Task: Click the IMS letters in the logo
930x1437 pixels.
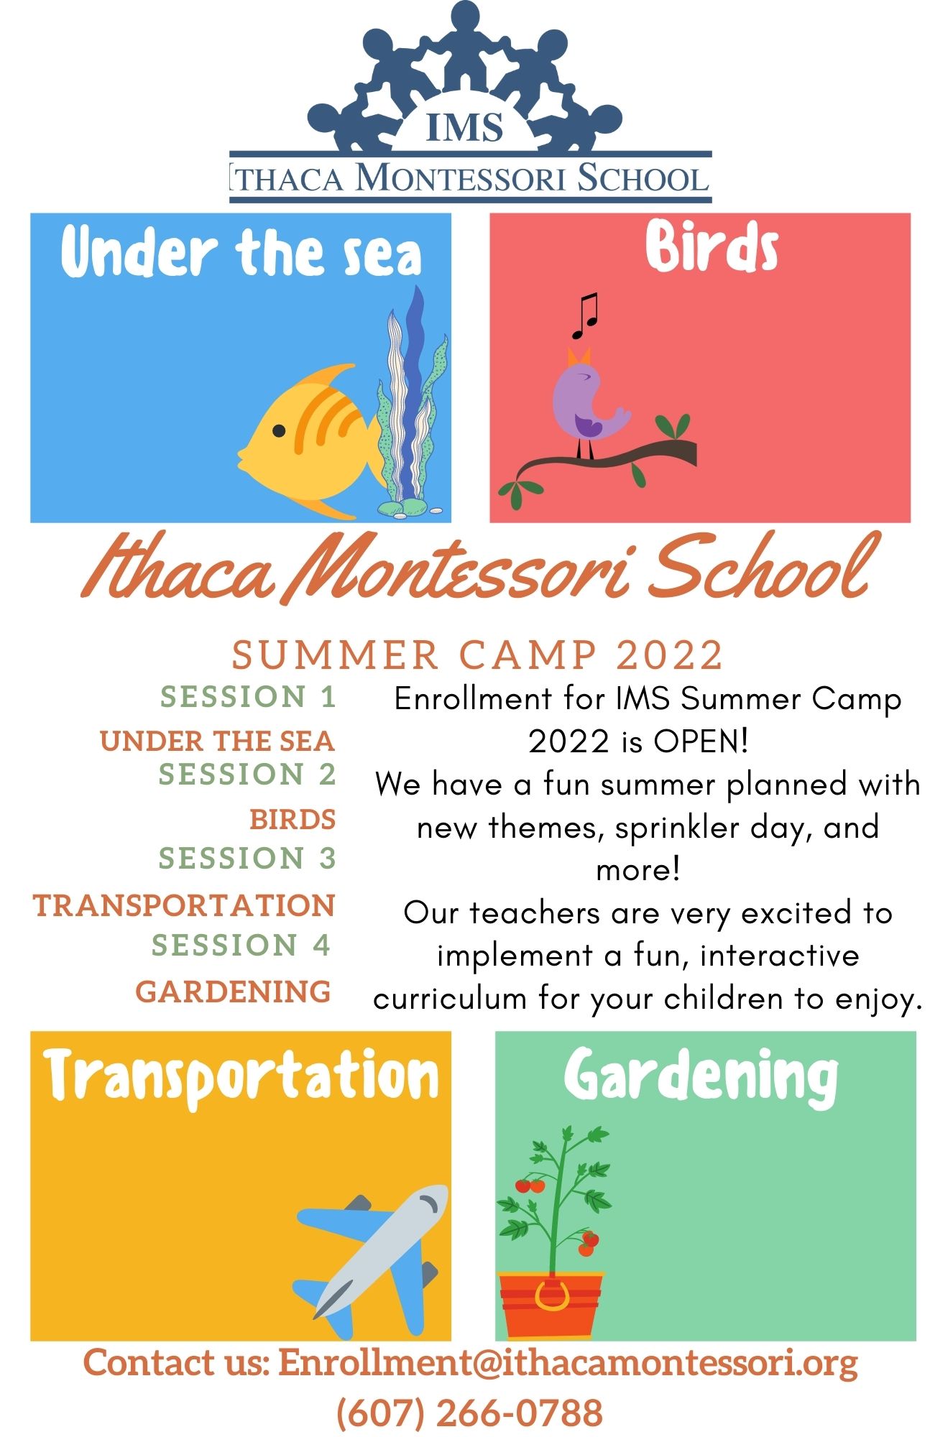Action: [464, 127]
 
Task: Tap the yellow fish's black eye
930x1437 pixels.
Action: [279, 430]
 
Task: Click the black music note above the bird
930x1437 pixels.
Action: [585, 316]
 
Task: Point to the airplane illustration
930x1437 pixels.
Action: [373, 1251]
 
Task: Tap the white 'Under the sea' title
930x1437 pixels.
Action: [241, 251]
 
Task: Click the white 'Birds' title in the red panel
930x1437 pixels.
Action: [712, 247]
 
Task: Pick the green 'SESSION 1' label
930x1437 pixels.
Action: [248, 697]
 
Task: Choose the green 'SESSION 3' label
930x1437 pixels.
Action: [247, 858]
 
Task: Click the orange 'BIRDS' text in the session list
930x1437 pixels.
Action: [293, 819]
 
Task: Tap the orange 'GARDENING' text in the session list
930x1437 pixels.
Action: [234, 992]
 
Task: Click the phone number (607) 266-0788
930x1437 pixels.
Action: [469, 1413]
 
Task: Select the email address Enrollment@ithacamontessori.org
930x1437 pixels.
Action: [568, 1362]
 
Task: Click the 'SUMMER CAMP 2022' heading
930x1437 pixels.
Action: [477, 655]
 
